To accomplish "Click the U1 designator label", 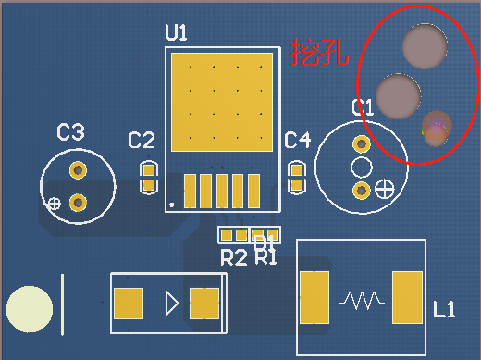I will coord(176,33).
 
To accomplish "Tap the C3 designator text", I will coord(70,133).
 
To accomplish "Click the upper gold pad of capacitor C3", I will coord(78,170).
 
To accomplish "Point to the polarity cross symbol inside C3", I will coord(55,203).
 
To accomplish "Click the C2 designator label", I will coord(142,141).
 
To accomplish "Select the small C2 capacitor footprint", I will coord(148,177).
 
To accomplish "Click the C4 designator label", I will coord(297,141).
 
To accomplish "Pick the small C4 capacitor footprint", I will coord(297,177).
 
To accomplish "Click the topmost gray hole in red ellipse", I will coord(425,47).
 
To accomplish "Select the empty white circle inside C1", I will coord(360,167).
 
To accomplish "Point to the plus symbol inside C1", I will coord(384,190).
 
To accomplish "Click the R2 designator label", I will coord(233,258).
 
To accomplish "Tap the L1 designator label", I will coord(444,310).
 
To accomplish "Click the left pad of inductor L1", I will coord(314,297).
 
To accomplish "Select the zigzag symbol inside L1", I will coord(361,299).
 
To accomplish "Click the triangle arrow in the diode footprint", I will coord(171,303).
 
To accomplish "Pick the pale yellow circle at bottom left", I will coord(30,310).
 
